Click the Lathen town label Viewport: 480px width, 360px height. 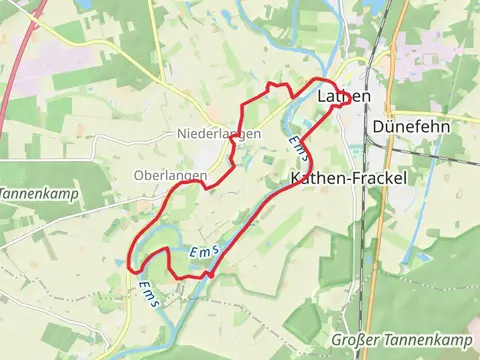[343, 97]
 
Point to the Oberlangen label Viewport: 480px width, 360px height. [170, 175]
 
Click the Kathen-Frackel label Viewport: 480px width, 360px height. [339, 178]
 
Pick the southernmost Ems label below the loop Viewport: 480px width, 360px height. [147, 296]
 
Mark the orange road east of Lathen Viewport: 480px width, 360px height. [397, 60]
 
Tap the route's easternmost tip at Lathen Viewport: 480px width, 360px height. [337, 94]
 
